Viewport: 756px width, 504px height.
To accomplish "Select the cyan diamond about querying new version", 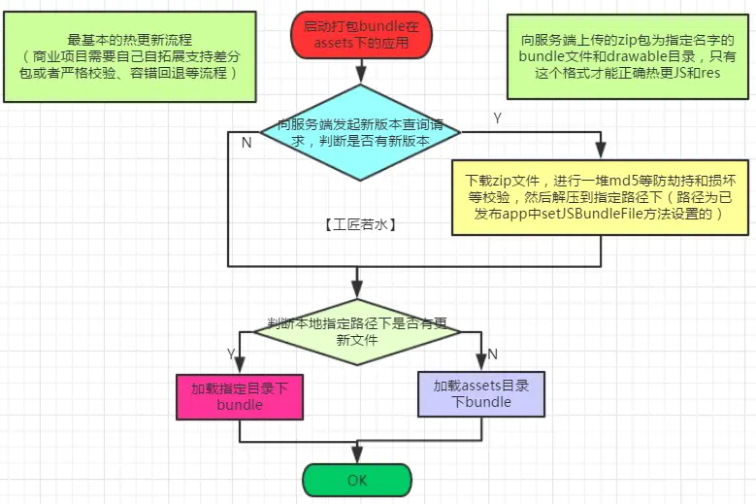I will (x=359, y=133).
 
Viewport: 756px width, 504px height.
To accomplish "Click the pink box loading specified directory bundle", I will (x=240, y=396).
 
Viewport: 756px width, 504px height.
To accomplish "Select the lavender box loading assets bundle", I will (x=481, y=394).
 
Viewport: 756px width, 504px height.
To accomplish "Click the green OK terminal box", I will (x=357, y=480).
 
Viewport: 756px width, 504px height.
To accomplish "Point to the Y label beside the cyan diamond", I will (x=498, y=118).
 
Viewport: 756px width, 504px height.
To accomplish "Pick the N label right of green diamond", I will (x=492, y=353).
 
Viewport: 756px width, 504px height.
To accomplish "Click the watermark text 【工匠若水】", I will (x=359, y=222).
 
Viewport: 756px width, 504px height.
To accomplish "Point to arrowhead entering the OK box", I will (x=357, y=456).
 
